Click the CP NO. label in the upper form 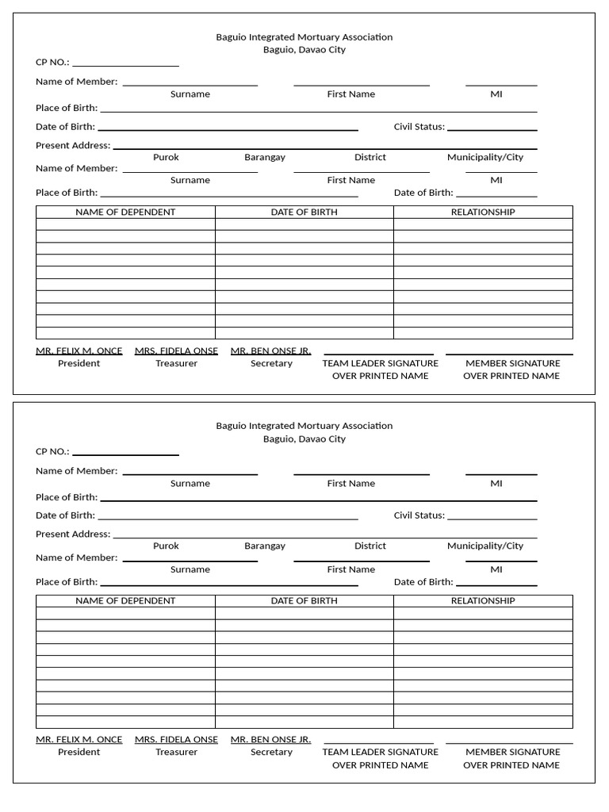[52, 62]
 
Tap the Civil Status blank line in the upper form [492, 129]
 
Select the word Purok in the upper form [166, 157]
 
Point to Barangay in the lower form [265, 546]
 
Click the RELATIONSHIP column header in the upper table [483, 212]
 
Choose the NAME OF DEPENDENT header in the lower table [125, 601]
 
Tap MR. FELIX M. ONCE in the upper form [79, 350]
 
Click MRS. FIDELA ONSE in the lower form [176, 739]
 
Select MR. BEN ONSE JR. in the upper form [270, 350]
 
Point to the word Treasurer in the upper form [176, 363]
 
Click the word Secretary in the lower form [271, 752]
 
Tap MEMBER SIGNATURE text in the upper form [512, 363]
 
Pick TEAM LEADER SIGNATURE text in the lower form [380, 752]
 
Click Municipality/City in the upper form [485, 157]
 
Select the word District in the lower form [370, 546]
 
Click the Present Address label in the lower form [73, 534]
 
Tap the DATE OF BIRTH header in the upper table [304, 212]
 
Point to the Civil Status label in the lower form [419, 515]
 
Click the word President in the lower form [79, 752]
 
